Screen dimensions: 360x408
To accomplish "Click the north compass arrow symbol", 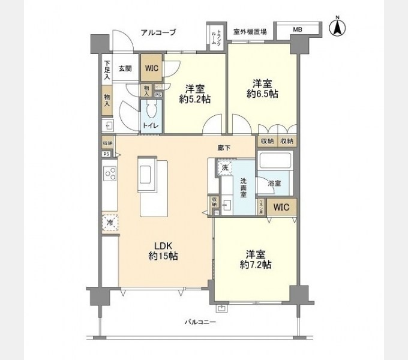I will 338,27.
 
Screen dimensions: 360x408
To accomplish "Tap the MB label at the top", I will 298,29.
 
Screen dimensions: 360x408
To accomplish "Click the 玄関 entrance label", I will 125,68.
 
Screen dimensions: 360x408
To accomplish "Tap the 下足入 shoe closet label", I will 107,69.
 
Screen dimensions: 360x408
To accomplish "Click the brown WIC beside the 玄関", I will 151,68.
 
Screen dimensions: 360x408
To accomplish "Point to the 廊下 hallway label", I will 224,148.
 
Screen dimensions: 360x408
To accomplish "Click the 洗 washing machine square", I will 224,168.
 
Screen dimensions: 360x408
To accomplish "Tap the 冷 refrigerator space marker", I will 110,222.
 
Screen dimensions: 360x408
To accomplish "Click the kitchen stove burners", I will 110,175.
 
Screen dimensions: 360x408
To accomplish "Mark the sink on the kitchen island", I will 148,173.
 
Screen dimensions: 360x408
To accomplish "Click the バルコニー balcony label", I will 200,322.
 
